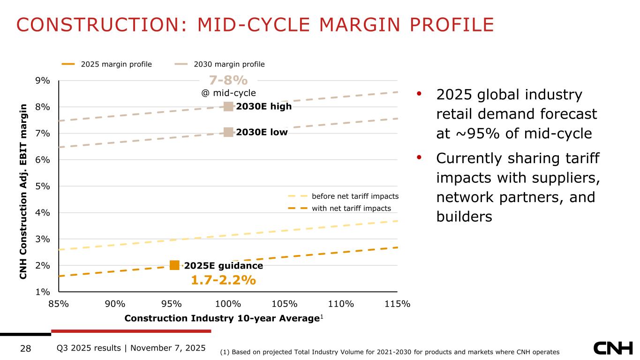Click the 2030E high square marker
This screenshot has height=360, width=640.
(228, 106)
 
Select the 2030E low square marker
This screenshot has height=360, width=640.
(228, 132)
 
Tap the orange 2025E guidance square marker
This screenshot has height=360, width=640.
(174, 265)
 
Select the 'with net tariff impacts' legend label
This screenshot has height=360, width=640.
(351, 208)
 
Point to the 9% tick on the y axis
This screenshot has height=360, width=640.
(44, 81)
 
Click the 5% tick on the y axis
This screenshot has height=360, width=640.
(44, 186)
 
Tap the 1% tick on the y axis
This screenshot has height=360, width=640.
(44, 292)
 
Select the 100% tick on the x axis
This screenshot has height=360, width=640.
(229, 304)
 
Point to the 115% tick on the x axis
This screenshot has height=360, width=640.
(398, 304)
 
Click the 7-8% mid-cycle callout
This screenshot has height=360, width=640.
(228, 80)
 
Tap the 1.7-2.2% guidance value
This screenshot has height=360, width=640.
(223, 280)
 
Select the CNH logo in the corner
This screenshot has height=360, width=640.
(613, 348)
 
